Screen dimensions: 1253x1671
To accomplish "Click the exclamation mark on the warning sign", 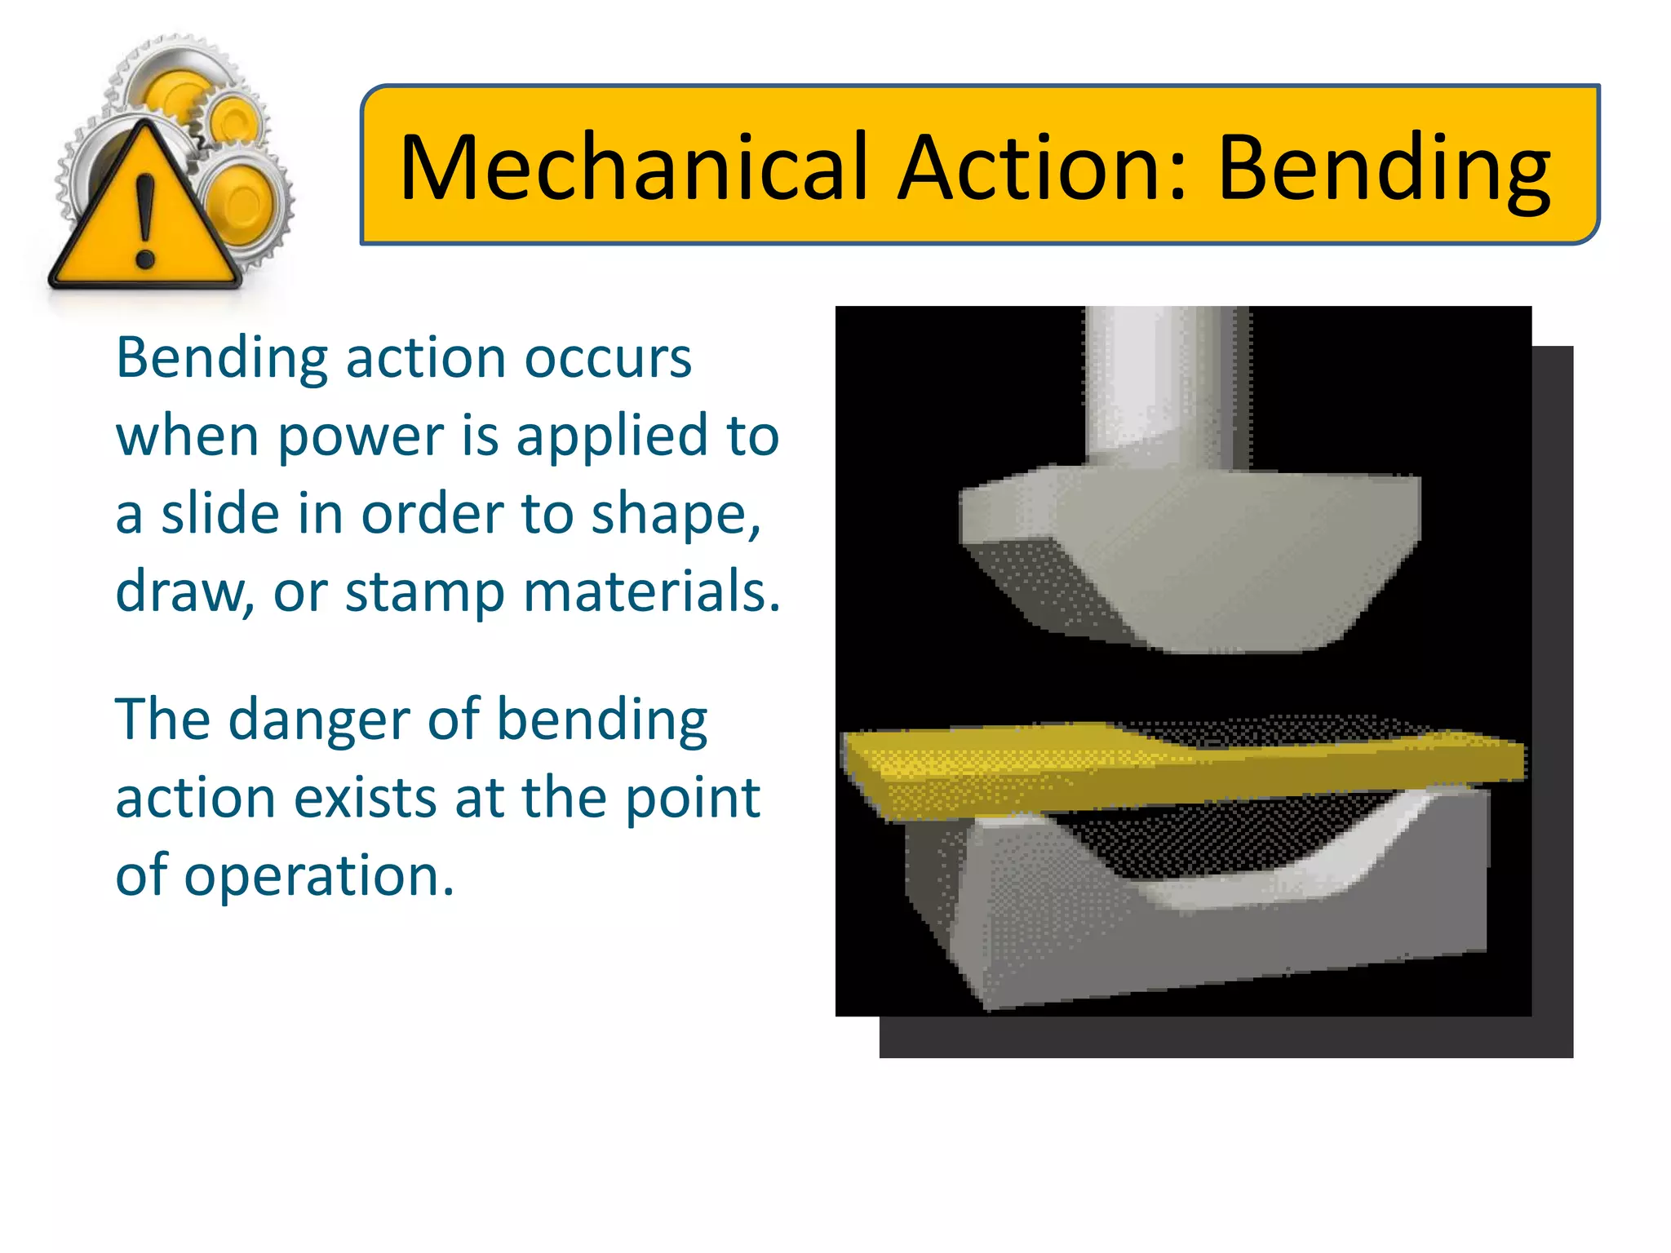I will pyautogui.click(x=145, y=220).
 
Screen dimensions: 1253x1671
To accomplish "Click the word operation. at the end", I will pyautogui.click(x=319, y=875).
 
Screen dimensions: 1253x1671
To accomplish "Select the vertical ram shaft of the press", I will pyautogui.click(x=1167, y=383).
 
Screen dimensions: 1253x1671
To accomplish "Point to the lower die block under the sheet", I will pyautogui.click(x=1224, y=922).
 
